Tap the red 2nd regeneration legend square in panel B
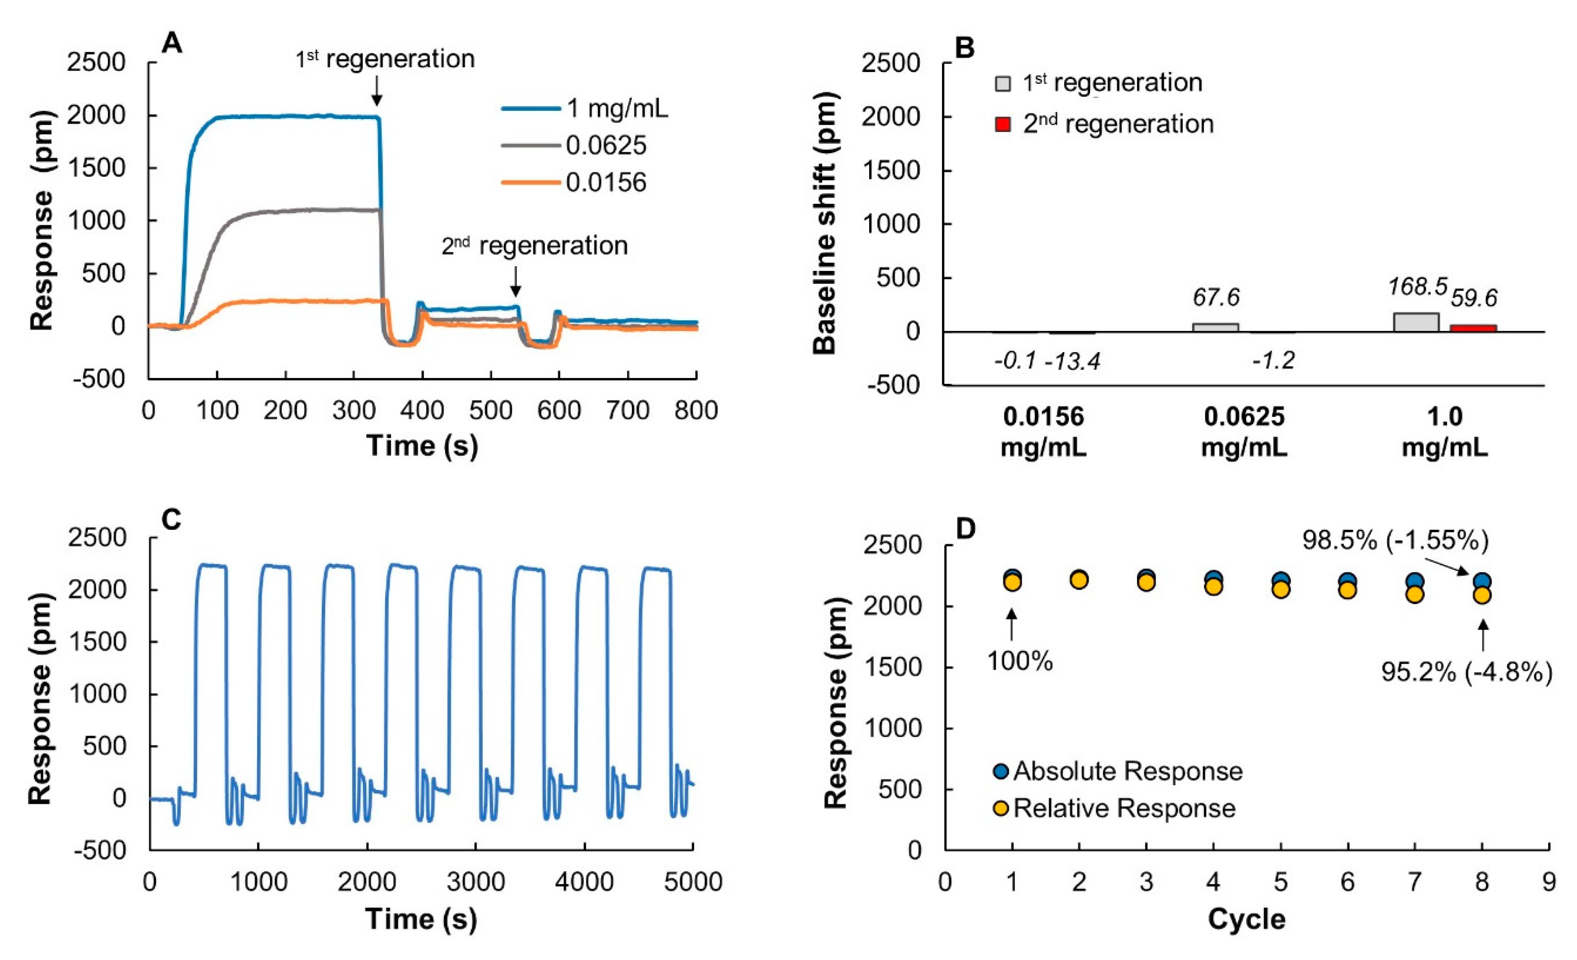(x=1002, y=124)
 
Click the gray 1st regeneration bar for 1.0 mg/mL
(x=1417, y=322)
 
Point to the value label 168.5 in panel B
(x=1417, y=287)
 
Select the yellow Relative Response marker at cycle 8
(x=1482, y=595)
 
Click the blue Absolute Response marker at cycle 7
(x=1414, y=582)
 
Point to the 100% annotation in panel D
(x=1020, y=661)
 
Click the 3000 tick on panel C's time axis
(x=475, y=882)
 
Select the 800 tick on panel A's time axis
(x=696, y=410)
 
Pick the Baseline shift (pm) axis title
(x=825, y=223)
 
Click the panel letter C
(x=172, y=520)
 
